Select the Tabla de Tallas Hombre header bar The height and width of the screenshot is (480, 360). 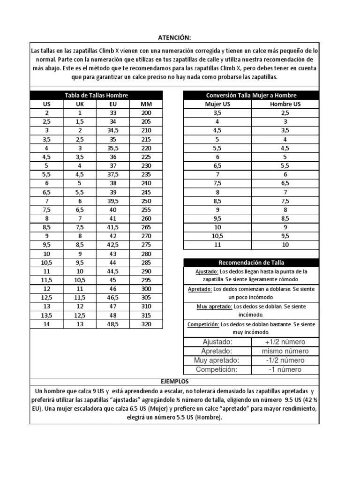(x=96, y=95)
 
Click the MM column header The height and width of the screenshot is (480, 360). (x=146, y=104)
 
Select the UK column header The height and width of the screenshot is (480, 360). (x=80, y=104)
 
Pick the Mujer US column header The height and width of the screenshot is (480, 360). (x=217, y=104)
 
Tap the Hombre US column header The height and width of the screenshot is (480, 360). (x=285, y=104)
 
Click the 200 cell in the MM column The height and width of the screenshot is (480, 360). (x=146, y=113)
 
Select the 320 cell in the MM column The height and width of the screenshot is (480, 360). (x=146, y=324)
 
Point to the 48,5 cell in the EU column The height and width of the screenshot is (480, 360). (x=113, y=324)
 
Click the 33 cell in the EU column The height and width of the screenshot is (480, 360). (x=113, y=113)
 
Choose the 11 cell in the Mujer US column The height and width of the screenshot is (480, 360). (x=217, y=245)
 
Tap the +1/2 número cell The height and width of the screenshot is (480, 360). (x=285, y=342)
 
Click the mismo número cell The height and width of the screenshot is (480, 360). (x=285, y=351)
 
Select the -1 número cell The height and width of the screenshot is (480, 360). (x=285, y=369)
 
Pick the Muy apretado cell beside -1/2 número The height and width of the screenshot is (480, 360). (x=217, y=360)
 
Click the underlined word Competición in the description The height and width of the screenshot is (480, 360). (x=203, y=324)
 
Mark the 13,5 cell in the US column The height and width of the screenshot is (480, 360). (x=46, y=315)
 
